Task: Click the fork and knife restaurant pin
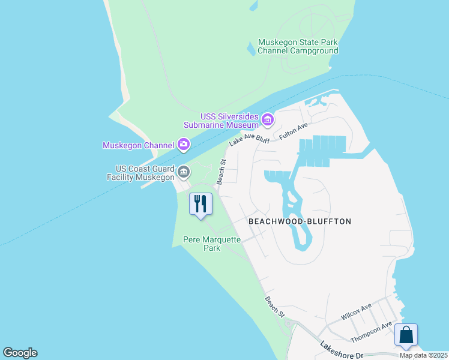pos(200,203)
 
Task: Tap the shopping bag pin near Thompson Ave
pos(406,335)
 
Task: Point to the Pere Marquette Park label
pos(211,244)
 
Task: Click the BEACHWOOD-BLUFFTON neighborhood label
pos(300,221)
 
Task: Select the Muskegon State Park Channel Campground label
pos(298,47)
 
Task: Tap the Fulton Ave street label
pos(294,132)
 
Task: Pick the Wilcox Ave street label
pos(357,311)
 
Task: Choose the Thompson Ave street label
pos(371,332)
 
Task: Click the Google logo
pos(20,353)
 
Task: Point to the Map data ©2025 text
pos(423,355)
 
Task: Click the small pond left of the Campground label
pos(251,48)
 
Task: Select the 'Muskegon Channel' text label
pos(139,145)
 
